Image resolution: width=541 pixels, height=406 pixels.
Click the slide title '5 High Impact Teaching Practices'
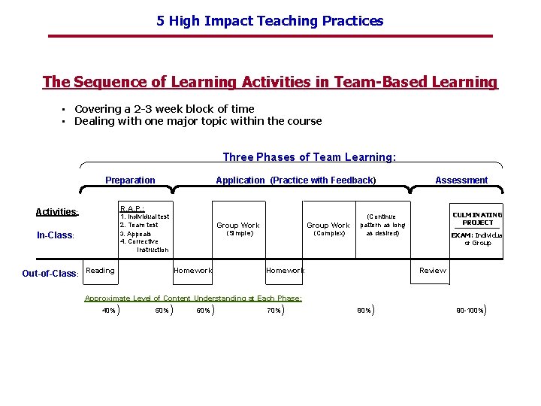(x=270, y=21)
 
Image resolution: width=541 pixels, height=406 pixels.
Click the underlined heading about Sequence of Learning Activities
(x=270, y=82)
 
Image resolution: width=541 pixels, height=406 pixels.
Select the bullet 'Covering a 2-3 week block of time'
(x=164, y=109)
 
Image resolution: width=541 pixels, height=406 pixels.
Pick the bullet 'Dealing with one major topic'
(x=198, y=121)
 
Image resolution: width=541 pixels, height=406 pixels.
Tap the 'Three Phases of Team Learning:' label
(x=309, y=157)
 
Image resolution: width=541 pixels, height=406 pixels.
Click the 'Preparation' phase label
(x=130, y=180)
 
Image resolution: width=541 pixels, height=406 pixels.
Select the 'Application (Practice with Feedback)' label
(x=295, y=180)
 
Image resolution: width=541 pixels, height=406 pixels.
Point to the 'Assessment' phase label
(x=461, y=180)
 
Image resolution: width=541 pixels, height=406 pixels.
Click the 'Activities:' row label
(x=57, y=212)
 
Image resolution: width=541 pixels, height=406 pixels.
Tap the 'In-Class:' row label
(x=56, y=235)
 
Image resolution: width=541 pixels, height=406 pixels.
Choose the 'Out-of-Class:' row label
(x=50, y=274)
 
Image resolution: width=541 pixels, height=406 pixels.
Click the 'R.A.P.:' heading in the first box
(x=132, y=208)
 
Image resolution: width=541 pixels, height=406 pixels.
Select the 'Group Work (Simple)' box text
(x=237, y=229)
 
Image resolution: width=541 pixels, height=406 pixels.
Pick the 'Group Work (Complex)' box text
(x=328, y=229)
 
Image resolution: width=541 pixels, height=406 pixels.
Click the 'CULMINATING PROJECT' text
(x=477, y=219)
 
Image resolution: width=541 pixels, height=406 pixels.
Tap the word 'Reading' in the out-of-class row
(x=101, y=271)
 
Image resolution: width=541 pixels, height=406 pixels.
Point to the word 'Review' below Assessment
(x=432, y=271)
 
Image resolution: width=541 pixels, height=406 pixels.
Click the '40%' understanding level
(x=109, y=310)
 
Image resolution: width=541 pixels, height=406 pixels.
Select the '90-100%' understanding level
(x=470, y=310)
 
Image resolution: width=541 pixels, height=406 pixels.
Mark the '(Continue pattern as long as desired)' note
(x=382, y=225)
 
